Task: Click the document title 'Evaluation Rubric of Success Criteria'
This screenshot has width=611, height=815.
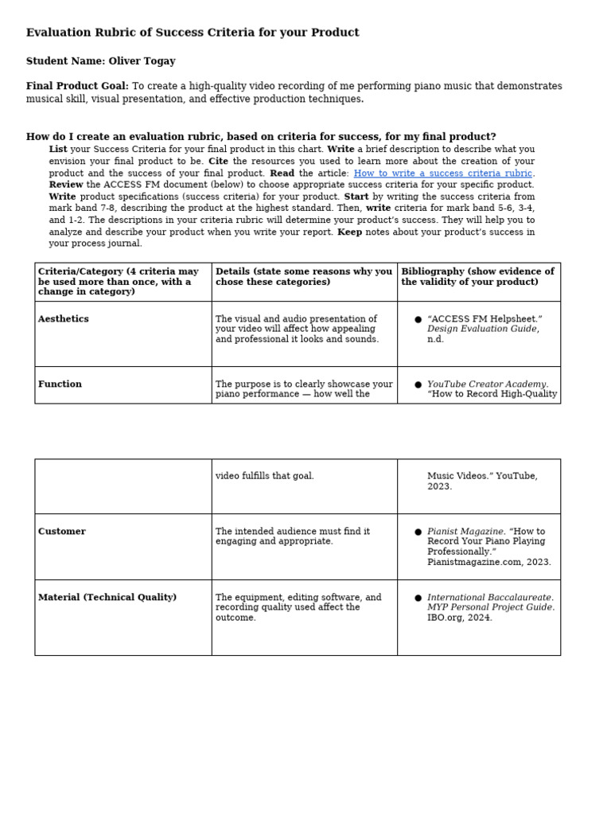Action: click(x=193, y=33)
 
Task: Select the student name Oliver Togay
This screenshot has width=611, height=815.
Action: click(x=142, y=61)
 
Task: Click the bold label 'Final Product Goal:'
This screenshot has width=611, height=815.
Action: click(x=77, y=87)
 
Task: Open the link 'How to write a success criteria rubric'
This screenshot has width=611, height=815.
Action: click(x=442, y=174)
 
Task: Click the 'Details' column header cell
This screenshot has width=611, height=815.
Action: click(x=304, y=277)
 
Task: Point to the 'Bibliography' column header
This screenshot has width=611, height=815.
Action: click(x=477, y=277)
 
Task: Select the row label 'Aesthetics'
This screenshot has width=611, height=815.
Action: click(x=64, y=319)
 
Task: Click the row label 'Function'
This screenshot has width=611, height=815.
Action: click(x=60, y=384)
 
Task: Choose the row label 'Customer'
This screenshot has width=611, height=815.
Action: click(x=62, y=532)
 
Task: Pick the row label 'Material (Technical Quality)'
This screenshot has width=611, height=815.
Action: click(x=107, y=598)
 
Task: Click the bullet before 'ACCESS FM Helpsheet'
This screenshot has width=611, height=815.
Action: click(x=418, y=320)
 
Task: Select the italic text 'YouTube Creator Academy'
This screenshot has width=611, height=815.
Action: click(x=487, y=384)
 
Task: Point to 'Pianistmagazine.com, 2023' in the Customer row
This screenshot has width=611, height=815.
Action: click(x=488, y=562)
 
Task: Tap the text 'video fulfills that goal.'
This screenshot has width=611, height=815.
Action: click(x=264, y=476)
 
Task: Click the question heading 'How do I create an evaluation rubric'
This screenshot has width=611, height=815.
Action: click(x=261, y=137)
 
